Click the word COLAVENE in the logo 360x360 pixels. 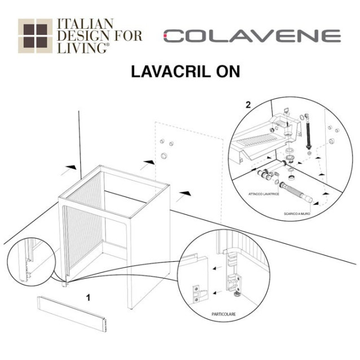pos(252,36)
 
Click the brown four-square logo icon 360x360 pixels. pos(34,36)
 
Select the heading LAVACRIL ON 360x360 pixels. pos(186,72)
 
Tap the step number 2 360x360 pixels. pos(249,104)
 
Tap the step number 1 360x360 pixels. pos(87,295)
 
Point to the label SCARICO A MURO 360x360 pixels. pos(297,214)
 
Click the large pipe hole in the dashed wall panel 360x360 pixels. pos(164,155)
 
